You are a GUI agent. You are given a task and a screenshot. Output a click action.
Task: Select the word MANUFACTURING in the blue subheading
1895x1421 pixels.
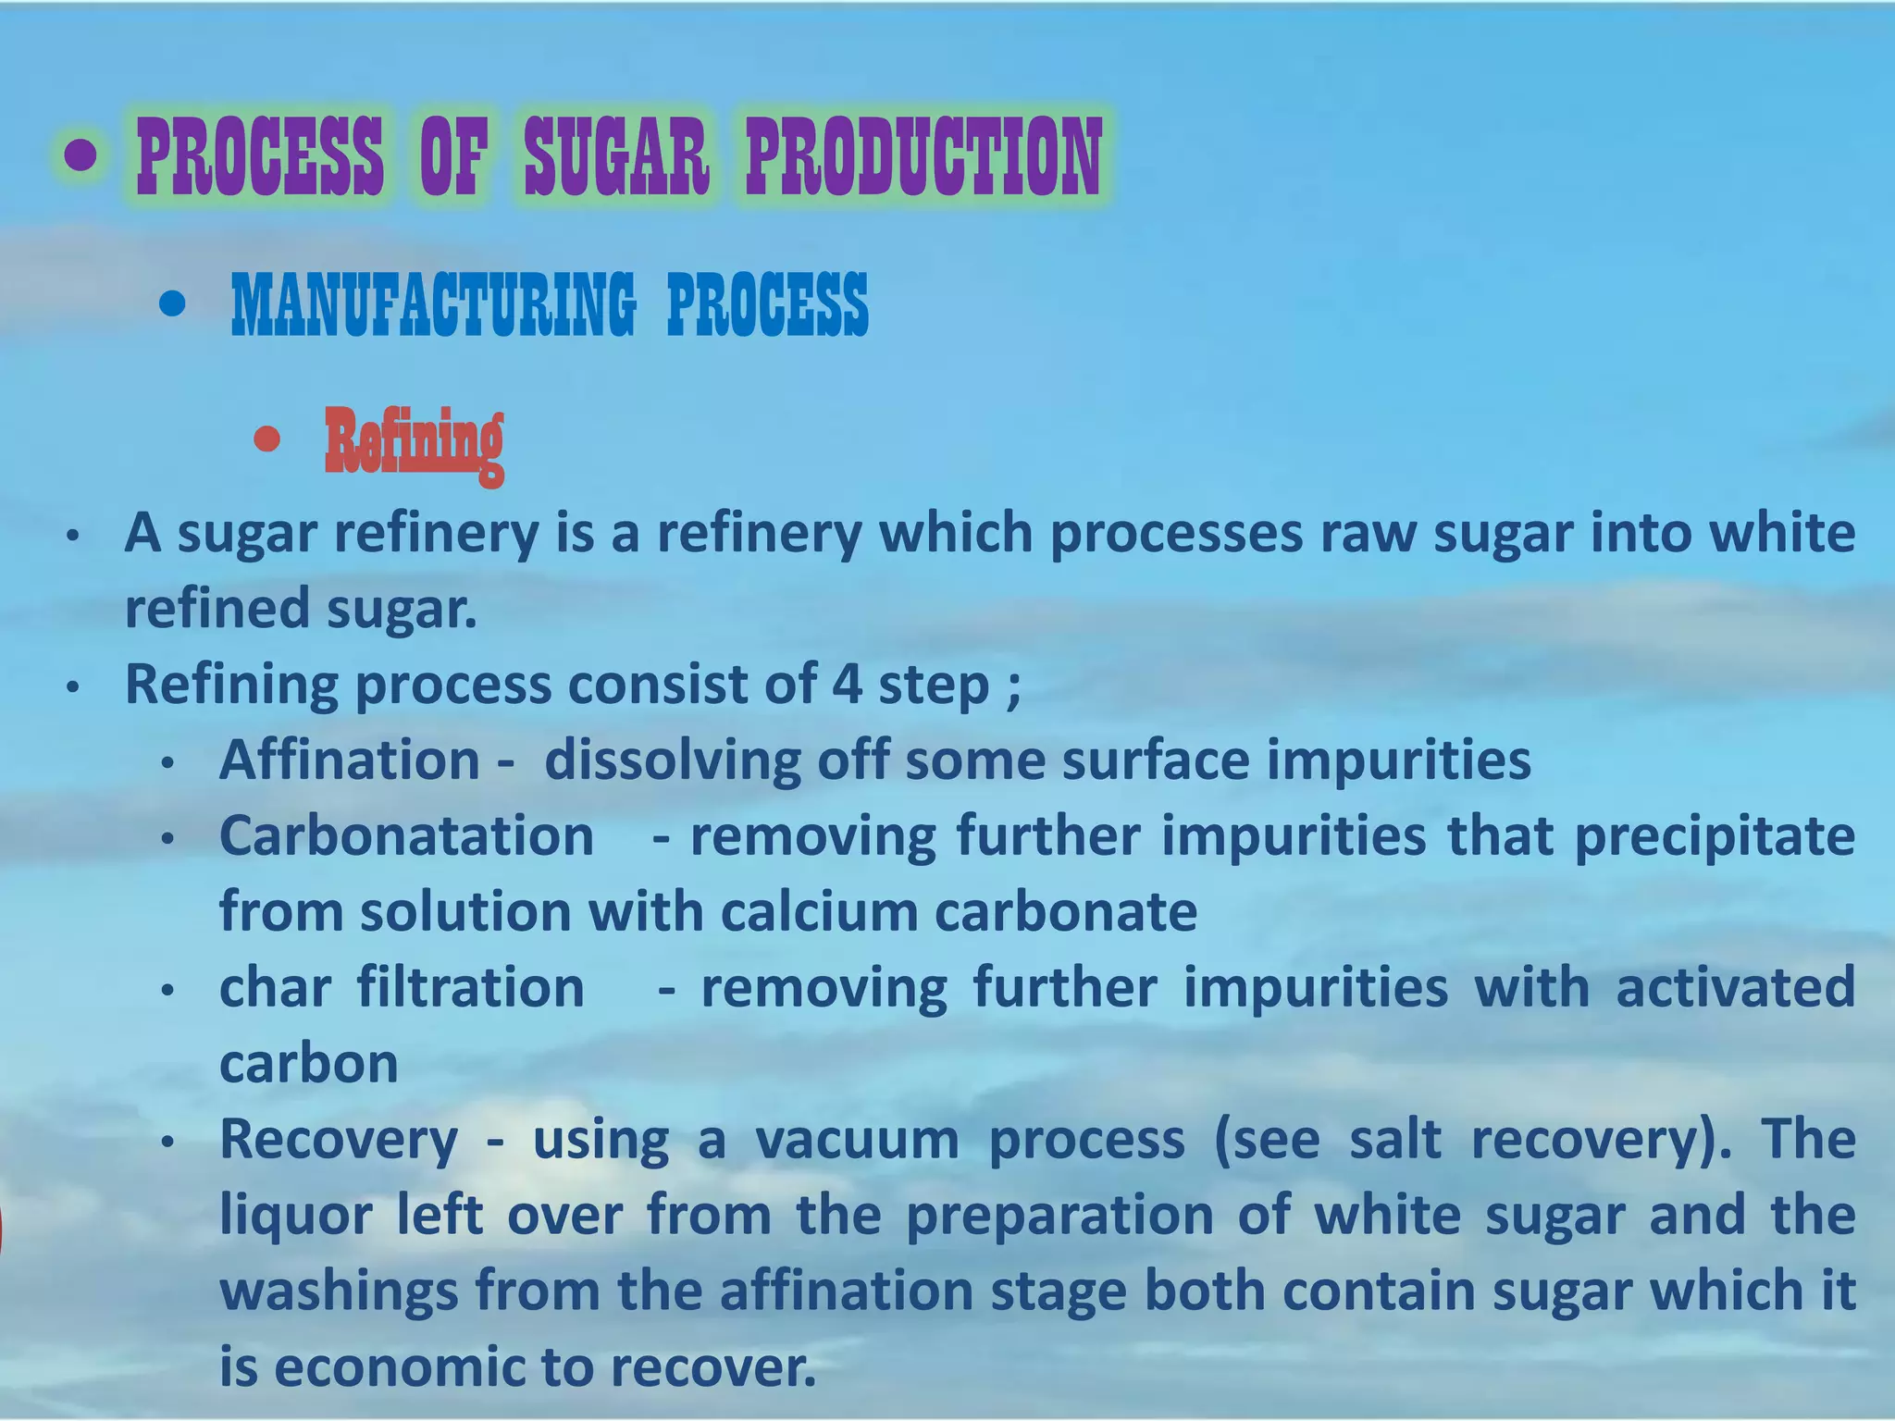(x=433, y=304)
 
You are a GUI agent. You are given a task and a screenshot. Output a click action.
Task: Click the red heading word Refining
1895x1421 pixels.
(x=414, y=442)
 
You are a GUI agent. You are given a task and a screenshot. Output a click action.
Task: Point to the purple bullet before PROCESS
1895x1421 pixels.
(x=81, y=155)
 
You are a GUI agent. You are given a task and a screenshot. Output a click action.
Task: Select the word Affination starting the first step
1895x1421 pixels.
(x=350, y=760)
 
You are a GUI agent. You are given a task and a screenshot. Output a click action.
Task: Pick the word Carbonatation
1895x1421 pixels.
(x=406, y=836)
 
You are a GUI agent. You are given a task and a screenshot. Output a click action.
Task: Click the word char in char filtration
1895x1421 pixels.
(x=275, y=988)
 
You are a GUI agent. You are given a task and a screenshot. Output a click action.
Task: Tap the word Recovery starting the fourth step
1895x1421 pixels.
(x=339, y=1140)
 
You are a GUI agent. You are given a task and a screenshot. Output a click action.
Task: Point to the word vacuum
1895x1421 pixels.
(x=857, y=1140)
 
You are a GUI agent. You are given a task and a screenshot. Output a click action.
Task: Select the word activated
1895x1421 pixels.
(x=1735, y=988)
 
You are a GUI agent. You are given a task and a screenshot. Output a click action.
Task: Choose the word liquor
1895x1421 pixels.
(x=296, y=1216)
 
